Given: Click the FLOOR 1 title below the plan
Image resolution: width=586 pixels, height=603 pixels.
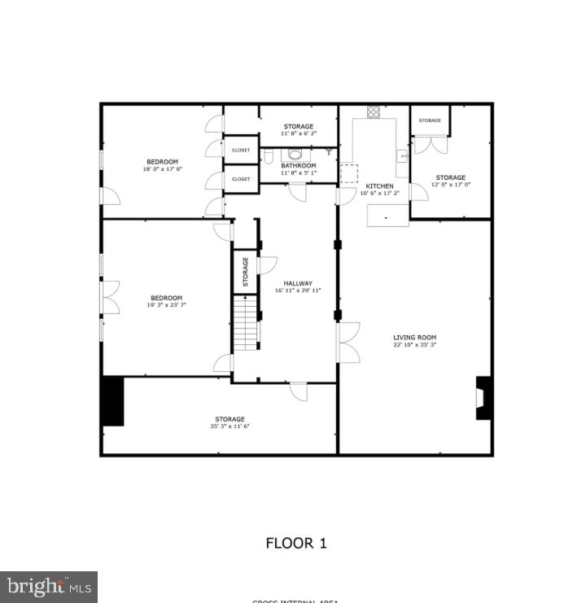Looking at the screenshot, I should click(x=296, y=543).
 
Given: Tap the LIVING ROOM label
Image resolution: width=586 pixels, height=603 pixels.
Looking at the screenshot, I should click(x=415, y=337).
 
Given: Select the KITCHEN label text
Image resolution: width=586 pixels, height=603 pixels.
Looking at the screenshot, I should click(x=379, y=186).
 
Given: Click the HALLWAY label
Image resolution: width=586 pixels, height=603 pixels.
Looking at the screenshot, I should click(x=298, y=283).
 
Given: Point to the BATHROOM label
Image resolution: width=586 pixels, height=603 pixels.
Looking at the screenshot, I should click(x=298, y=166).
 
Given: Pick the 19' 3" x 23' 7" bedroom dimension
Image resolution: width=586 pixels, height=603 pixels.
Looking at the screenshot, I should click(x=166, y=305).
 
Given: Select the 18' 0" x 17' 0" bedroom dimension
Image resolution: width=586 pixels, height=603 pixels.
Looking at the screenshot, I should click(x=162, y=169).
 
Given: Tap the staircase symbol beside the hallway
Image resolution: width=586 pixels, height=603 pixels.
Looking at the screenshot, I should click(x=245, y=323).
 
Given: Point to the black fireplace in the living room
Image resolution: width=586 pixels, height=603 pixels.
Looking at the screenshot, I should click(x=484, y=397).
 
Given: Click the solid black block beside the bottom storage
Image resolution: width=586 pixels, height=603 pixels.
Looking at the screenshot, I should click(x=112, y=400).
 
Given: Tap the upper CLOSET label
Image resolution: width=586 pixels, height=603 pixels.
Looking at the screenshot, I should click(x=241, y=150).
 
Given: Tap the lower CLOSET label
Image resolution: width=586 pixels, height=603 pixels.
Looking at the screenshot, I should click(x=241, y=179).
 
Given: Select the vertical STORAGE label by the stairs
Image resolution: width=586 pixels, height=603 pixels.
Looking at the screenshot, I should click(x=245, y=272).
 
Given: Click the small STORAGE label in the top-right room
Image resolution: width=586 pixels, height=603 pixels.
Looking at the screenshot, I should click(x=430, y=120).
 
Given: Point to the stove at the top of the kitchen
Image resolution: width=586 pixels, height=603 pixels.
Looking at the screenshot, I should click(x=374, y=112).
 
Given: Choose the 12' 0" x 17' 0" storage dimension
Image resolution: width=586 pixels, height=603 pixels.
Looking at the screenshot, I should click(x=450, y=185).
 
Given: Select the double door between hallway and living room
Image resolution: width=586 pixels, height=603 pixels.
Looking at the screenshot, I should click(x=348, y=342).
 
